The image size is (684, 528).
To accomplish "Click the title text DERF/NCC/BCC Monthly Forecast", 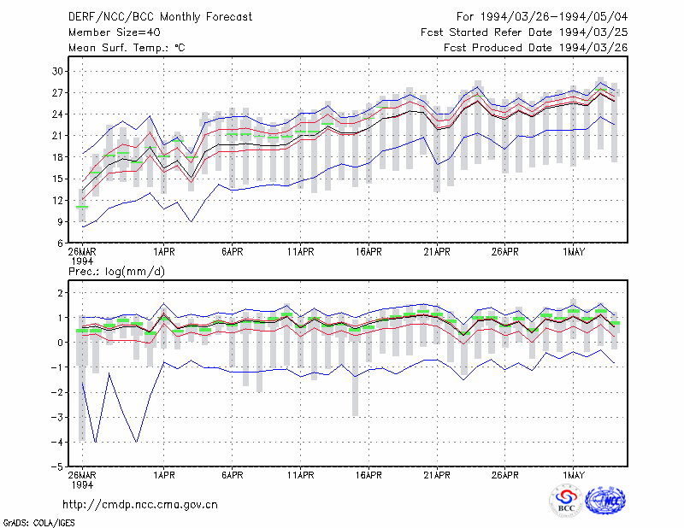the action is pyautogui.click(x=160, y=17).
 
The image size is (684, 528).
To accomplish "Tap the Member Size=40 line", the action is pyautogui.click(x=115, y=32).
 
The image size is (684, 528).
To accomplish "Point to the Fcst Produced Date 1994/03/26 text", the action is pyautogui.click(x=536, y=48).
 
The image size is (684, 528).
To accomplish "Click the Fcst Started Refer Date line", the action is pyautogui.click(x=524, y=32).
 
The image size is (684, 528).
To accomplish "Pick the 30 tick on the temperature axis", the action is pyautogui.click(x=57, y=71).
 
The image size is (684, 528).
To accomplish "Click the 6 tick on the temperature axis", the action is pyautogui.click(x=60, y=243).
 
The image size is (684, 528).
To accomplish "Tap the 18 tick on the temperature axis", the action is pyautogui.click(x=57, y=157).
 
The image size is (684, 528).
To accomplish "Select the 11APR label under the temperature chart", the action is pyautogui.click(x=301, y=252).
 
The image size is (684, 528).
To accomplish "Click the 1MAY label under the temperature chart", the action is pyautogui.click(x=573, y=252).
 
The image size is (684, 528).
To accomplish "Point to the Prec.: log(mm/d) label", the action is pyautogui.click(x=116, y=272).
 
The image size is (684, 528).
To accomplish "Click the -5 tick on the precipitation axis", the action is pyautogui.click(x=57, y=467).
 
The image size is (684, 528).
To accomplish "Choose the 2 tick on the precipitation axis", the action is pyautogui.click(x=60, y=292).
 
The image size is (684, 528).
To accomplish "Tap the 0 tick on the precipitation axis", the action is pyautogui.click(x=60, y=343).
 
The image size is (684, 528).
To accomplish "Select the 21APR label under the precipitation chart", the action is pyautogui.click(x=437, y=475).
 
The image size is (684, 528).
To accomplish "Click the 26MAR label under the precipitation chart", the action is pyautogui.click(x=82, y=475).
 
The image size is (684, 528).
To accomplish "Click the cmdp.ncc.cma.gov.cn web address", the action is pyautogui.click(x=140, y=505).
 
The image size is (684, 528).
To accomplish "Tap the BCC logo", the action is pyautogui.click(x=566, y=501).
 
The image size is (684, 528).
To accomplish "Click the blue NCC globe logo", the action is pyautogui.click(x=605, y=501).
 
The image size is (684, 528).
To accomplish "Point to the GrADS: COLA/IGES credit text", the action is pyautogui.click(x=38, y=523).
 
